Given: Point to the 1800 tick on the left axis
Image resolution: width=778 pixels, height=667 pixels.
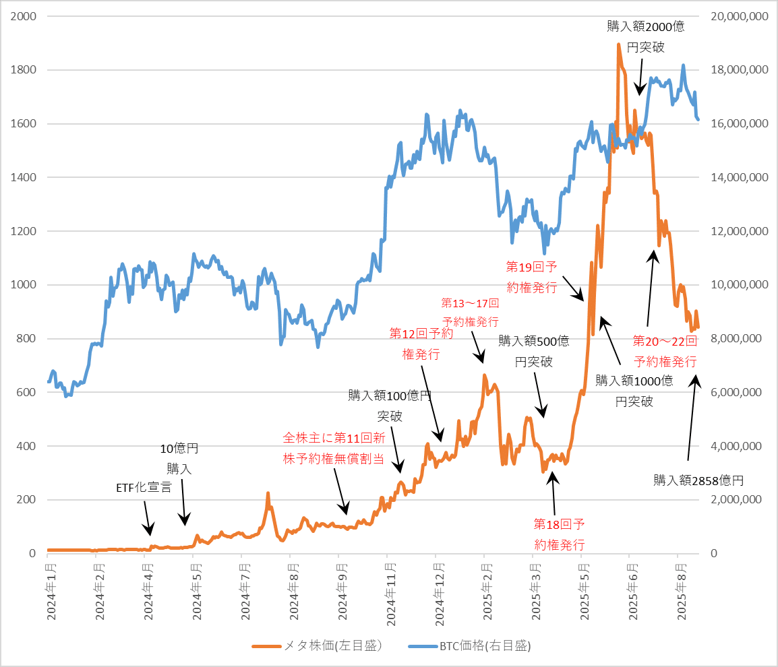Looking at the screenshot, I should coord(24,70).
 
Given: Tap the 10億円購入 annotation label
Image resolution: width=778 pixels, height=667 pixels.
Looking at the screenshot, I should coord(179,458).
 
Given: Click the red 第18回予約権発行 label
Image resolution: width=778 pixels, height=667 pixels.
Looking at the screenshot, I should coord(559,534).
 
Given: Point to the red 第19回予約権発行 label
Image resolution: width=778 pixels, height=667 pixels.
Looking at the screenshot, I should coord(532,276).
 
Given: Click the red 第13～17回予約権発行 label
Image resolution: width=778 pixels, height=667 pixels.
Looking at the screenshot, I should coord(471,312).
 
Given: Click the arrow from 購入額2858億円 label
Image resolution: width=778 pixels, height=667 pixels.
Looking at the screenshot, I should coord(692,418).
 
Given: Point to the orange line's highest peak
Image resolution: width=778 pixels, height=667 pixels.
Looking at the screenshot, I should coord(618,46).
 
